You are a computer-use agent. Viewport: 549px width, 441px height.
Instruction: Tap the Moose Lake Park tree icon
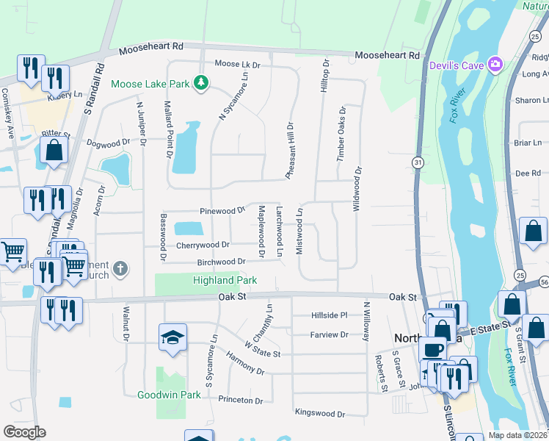click(200, 84)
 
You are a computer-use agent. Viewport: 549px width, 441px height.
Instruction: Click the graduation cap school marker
click(172, 337)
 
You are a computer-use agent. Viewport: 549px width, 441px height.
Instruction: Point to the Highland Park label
click(225, 280)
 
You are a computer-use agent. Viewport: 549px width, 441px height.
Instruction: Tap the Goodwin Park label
click(169, 395)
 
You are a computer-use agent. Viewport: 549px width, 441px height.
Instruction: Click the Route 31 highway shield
click(418, 162)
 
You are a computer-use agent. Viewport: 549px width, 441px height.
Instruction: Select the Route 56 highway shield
click(544, 282)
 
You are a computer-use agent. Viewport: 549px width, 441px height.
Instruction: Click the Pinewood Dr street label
click(221, 210)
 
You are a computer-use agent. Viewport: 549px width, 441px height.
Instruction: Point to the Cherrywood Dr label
click(203, 245)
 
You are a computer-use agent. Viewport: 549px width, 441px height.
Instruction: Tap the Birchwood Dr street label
click(221, 262)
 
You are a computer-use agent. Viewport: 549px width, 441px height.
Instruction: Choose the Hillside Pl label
click(329, 315)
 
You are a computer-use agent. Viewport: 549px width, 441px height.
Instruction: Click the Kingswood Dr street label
click(319, 414)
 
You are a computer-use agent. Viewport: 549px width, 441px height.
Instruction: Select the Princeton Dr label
click(240, 401)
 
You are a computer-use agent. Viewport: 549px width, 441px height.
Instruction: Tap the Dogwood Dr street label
click(108, 143)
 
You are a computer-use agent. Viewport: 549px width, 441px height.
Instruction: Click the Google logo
click(24, 432)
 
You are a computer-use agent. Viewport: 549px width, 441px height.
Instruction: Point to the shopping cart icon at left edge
click(12, 252)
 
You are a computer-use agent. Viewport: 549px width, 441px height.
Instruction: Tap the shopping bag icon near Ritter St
click(54, 150)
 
